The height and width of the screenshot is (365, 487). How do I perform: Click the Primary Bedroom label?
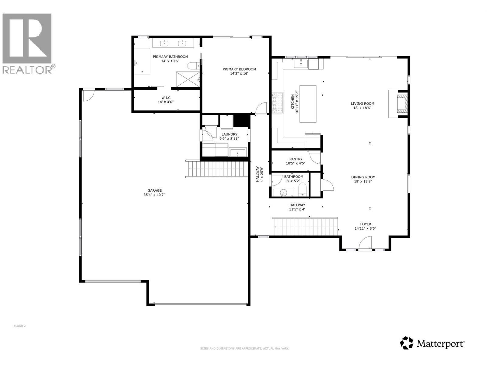pos(239,69)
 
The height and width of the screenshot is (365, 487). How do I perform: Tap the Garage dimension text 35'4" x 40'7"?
pos(155,195)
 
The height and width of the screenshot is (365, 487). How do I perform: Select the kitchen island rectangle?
pos(308,104)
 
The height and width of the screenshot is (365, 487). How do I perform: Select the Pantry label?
pos(296,159)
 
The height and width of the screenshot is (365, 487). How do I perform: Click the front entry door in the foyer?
pos(365,244)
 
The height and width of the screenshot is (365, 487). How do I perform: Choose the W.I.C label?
pos(166,98)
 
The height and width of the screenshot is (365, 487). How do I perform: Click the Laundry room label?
pos(229,134)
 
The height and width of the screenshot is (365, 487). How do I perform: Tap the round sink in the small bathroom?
pos(283,193)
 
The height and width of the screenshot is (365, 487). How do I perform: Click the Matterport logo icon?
pos(407,343)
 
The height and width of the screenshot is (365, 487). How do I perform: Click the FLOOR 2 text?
pos(20,326)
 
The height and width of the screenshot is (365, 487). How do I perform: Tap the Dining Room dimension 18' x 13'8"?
pos(363,181)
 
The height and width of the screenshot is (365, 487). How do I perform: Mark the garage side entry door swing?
pos(88,95)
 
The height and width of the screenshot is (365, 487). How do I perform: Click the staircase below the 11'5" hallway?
pos(306,227)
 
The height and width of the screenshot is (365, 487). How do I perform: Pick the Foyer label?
pos(365,224)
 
